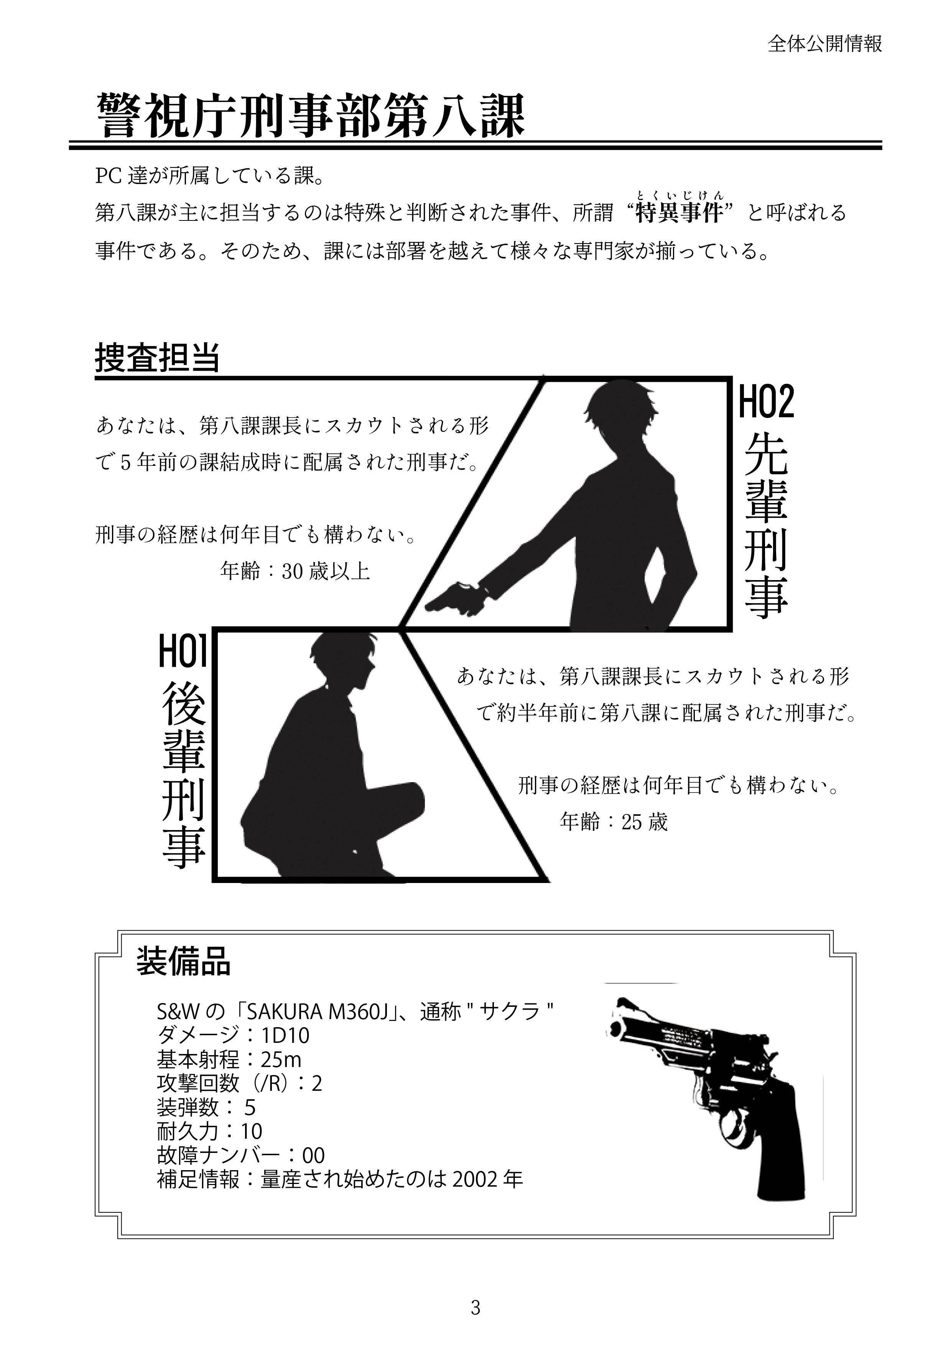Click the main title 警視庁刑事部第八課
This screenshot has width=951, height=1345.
click(311, 115)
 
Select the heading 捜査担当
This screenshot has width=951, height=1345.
click(157, 357)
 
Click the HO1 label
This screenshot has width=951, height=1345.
click(183, 652)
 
